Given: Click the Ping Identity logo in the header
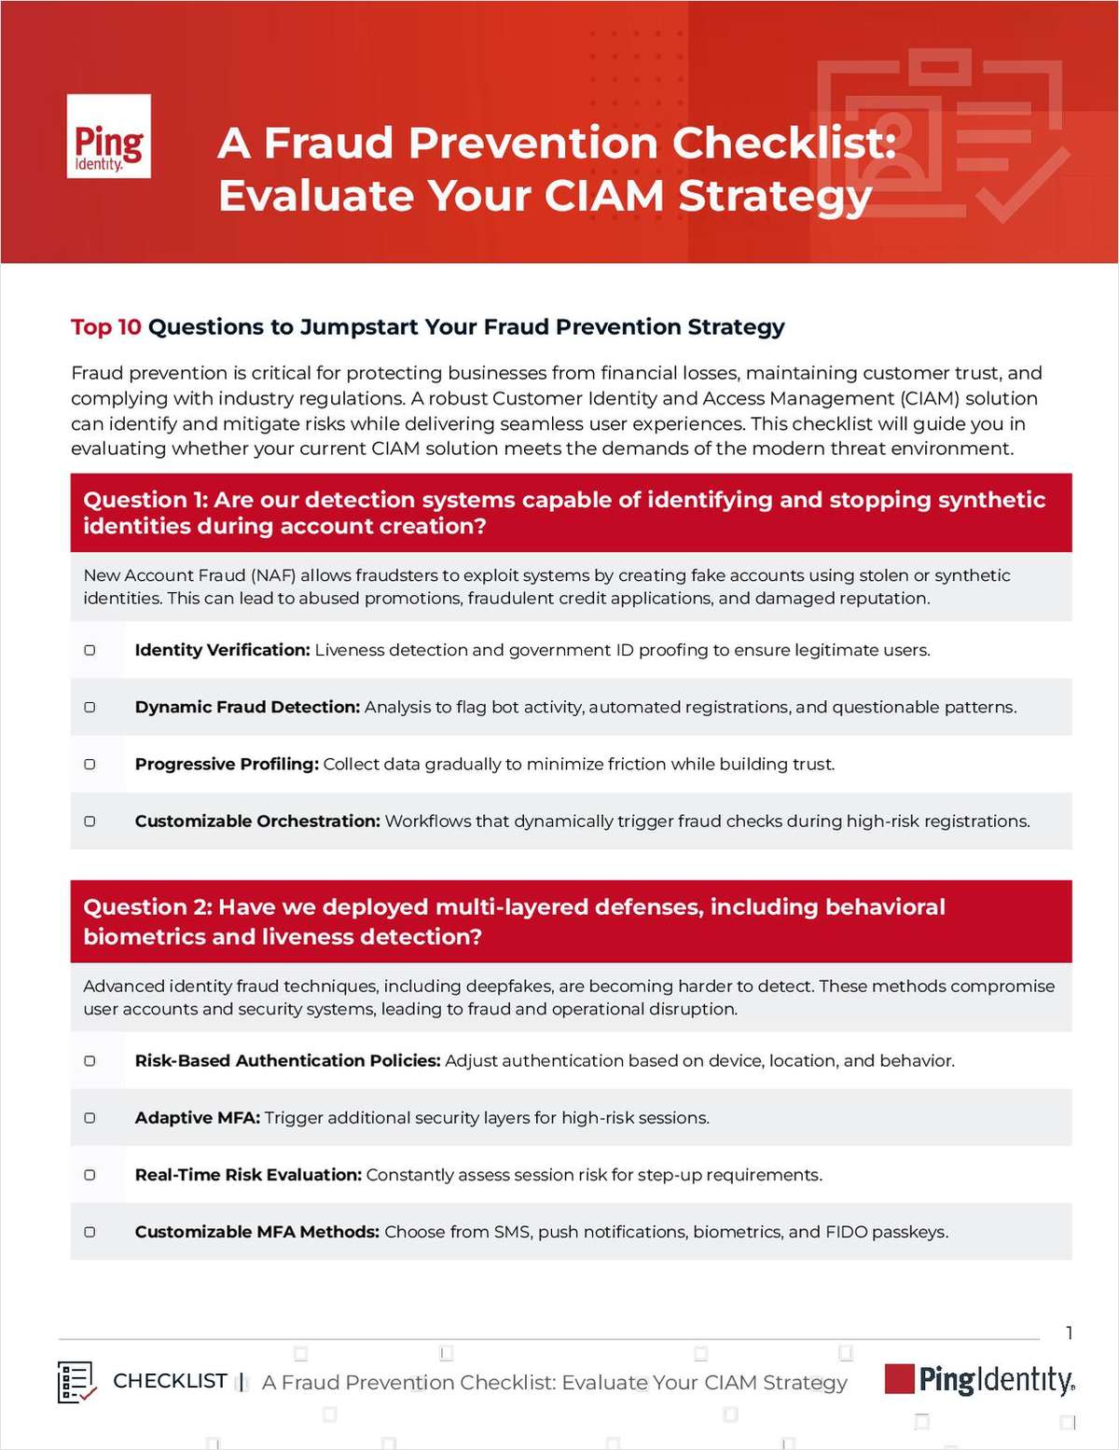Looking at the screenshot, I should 109,136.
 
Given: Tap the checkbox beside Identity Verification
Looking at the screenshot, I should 90,650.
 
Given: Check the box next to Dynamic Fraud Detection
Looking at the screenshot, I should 90,707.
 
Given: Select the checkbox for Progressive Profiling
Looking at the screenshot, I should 90,764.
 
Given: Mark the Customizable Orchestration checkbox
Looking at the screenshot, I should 90,822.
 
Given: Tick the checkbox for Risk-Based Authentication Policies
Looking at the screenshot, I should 90,1060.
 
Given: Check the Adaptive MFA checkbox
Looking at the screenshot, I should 90,1117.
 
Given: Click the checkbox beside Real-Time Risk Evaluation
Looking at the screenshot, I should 90,1175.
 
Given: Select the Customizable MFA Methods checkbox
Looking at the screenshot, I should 90,1232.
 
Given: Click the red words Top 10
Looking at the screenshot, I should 106,327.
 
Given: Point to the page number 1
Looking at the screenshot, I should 1069,1333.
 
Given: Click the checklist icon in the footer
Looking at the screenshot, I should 76,1382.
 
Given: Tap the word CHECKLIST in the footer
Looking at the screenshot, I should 170,1381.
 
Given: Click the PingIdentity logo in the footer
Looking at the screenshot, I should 979,1380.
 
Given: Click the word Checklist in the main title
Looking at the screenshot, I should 782,144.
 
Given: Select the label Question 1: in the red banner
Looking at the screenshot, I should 145,500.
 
